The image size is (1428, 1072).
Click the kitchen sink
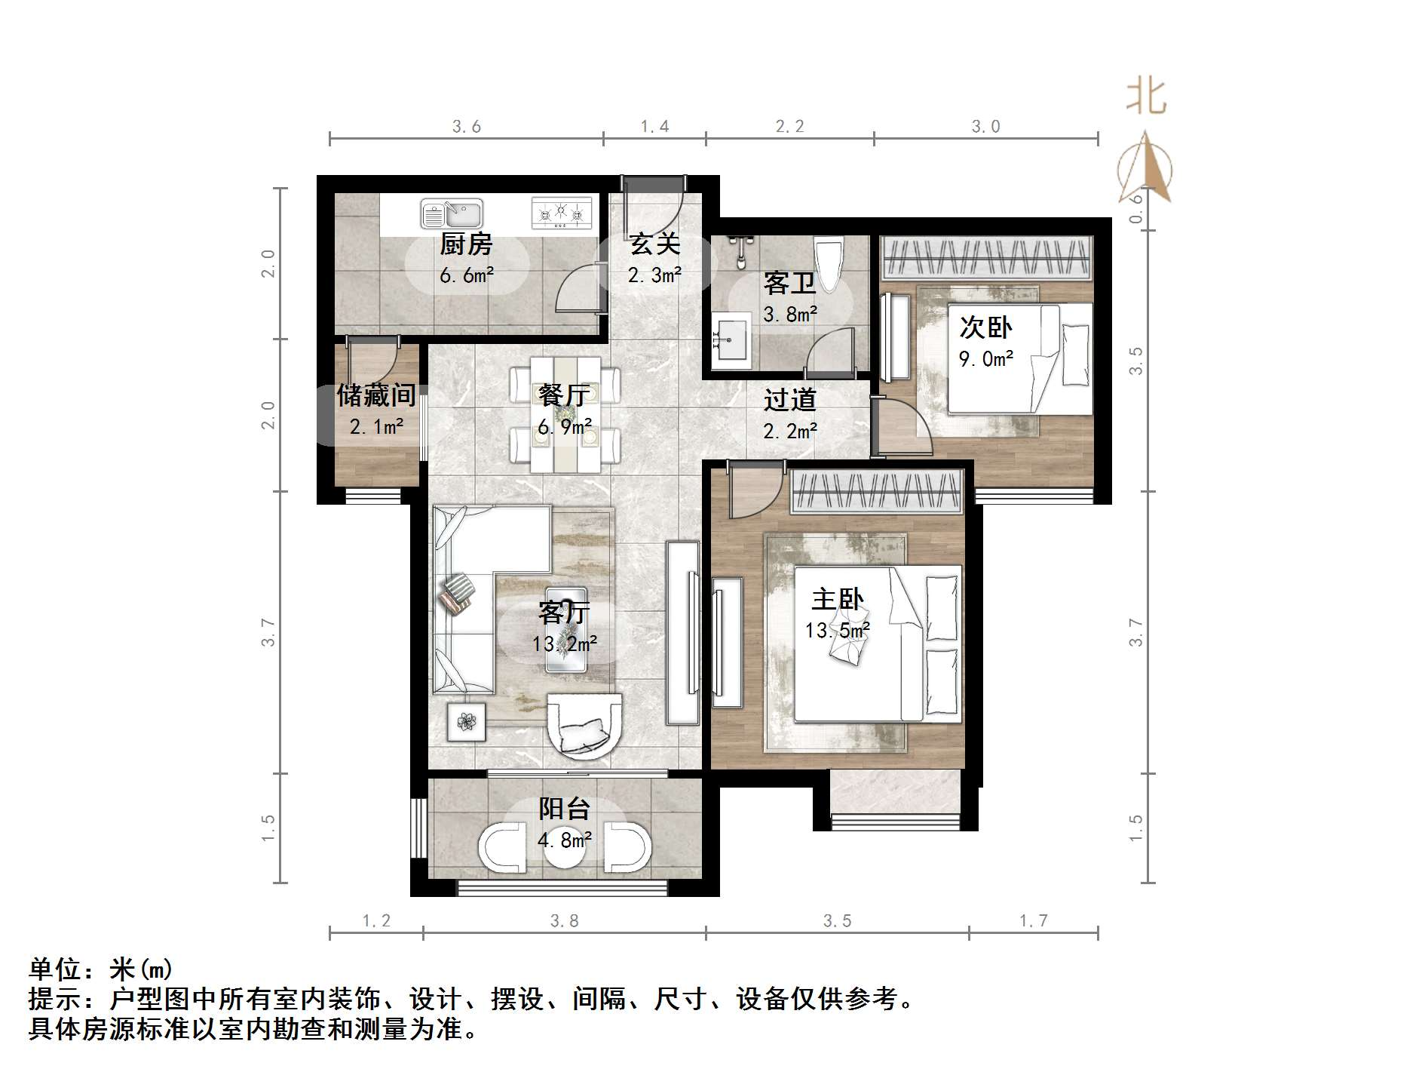pyautogui.click(x=451, y=214)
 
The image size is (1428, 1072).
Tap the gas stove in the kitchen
pyautogui.click(x=561, y=213)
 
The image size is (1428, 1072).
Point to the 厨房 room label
pyautogui.click(x=466, y=244)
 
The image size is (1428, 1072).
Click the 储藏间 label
pyautogui.click(x=376, y=395)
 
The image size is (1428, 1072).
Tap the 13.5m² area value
pyautogui.click(x=838, y=630)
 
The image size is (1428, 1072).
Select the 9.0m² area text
pyautogui.click(x=985, y=359)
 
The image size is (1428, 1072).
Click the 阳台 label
pyautogui.click(x=564, y=809)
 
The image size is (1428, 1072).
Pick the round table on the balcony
pyautogui.click(x=563, y=847)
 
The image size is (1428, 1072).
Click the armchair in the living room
pyautogui.click(x=584, y=726)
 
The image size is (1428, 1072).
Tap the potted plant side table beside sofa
pyautogui.click(x=467, y=722)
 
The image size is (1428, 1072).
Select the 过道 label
pyautogui.click(x=789, y=400)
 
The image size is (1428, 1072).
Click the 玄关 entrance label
pyautogui.click(x=654, y=244)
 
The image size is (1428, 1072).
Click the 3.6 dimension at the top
pyautogui.click(x=467, y=127)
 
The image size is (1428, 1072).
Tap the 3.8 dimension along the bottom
pyautogui.click(x=564, y=920)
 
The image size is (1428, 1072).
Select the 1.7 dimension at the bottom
pyautogui.click(x=1033, y=920)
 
